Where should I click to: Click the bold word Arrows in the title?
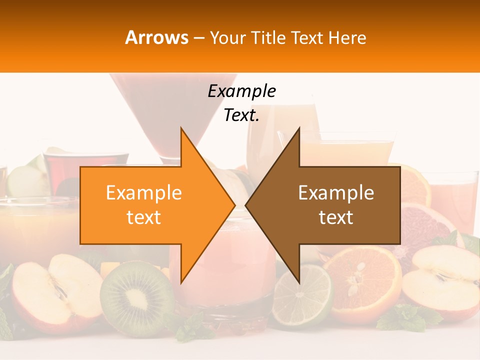tap(157, 37)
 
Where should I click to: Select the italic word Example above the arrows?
tap(241, 91)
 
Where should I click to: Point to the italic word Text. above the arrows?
tap(241, 115)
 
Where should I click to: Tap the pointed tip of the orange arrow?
tap(232, 205)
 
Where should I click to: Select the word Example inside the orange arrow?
tap(144, 193)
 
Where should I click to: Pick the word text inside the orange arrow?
tap(144, 217)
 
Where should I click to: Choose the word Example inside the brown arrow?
tap(336, 193)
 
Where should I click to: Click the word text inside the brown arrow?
tap(336, 217)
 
